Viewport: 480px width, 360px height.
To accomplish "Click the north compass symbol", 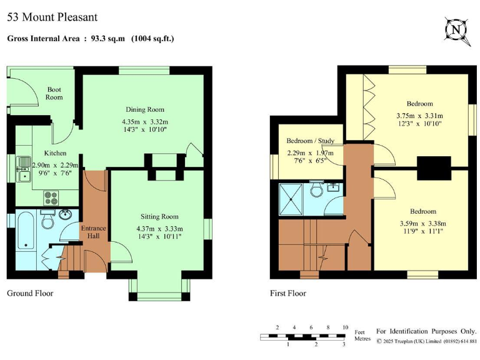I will click(x=456, y=29).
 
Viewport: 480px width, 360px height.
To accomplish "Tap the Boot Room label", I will click(x=54, y=93).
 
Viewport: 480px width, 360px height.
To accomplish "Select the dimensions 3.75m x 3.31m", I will click(x=419, y=116).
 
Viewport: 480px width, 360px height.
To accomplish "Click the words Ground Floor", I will click(x=30, y=292).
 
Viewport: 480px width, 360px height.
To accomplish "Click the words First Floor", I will click(x=288, y=292).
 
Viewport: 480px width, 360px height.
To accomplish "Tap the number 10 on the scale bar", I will click(x=345, y=327).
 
